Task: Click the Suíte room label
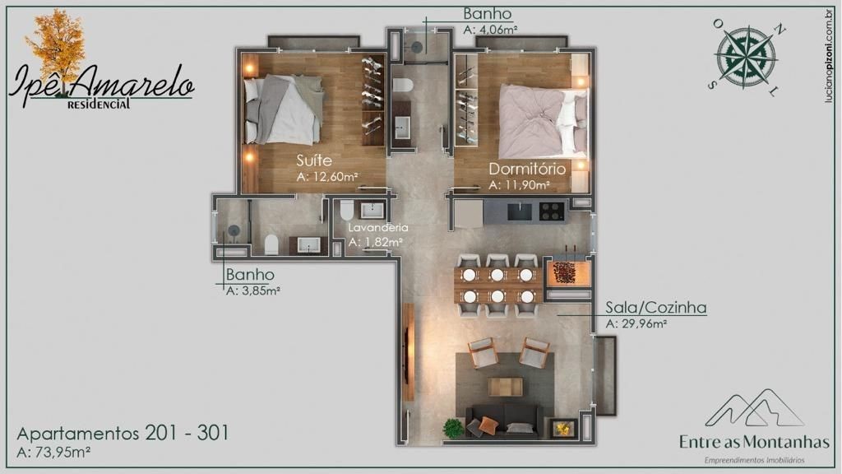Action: (x=314, y=160)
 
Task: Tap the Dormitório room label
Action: (x=527, y=169)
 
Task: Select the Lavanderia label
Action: (x=378, y=227)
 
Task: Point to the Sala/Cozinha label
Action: (x=656, y=308)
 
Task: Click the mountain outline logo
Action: (x=755, y=407)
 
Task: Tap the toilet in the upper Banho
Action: (x=402, y=86)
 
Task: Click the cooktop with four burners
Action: (x=551, y=211)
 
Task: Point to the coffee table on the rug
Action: (x=506, y=386)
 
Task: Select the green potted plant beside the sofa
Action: (x=453, y=428)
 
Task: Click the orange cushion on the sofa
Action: (x=488, y=424)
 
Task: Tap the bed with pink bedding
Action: (x=543, y=121)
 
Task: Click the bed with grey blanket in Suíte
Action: (x=284, y=109)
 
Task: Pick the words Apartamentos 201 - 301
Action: (x=123, y=433)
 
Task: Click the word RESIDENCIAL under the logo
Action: (x=99, y=104)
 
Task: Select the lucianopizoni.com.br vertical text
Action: (x=830, y=55)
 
